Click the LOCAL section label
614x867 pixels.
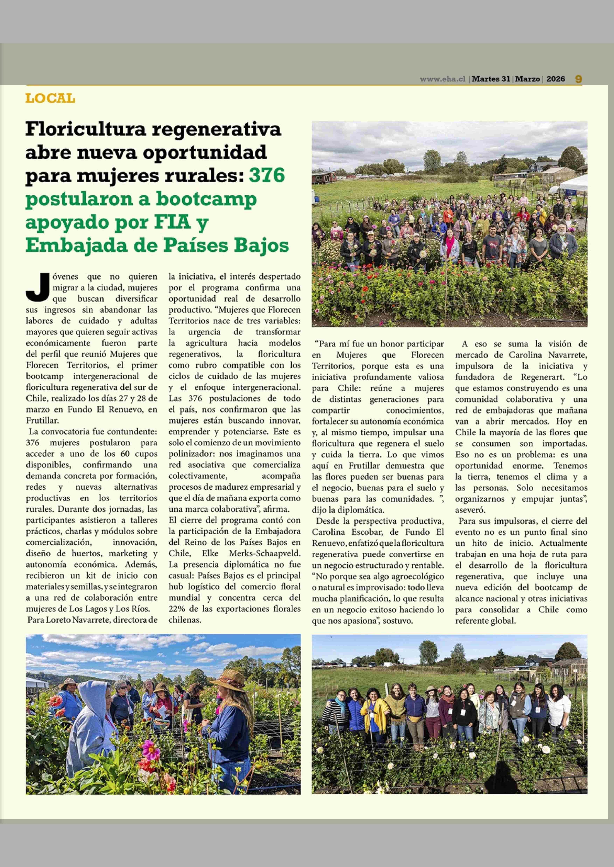pos(50,99)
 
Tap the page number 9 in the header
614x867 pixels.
pos(578,79)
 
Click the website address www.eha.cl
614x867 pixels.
pos(442,79)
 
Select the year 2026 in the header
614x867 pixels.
pos(555,79)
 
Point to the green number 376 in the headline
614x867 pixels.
pos(267,176)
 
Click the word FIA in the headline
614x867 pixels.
pos(172,222)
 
